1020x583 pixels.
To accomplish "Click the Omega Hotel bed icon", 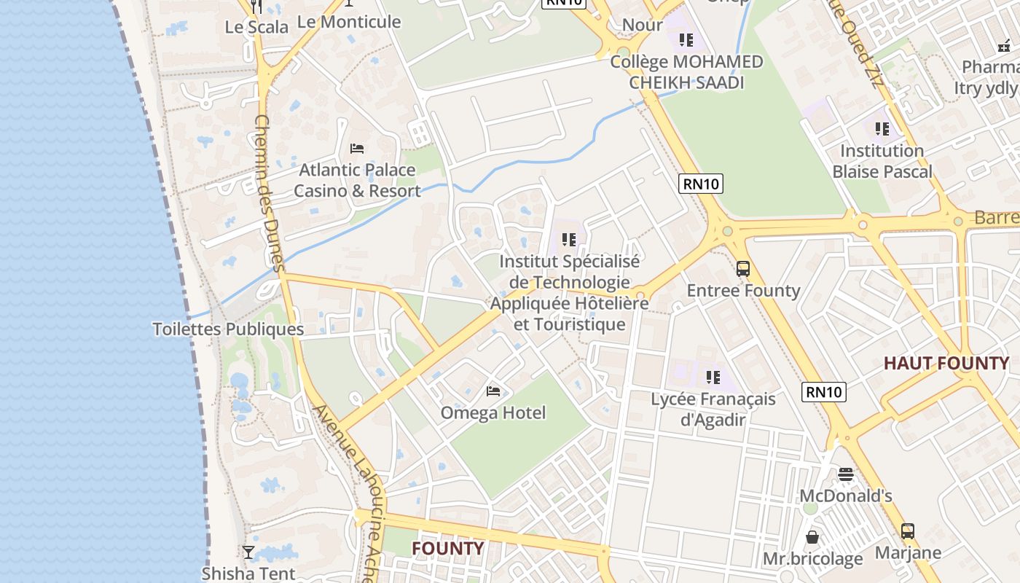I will coord(493,391).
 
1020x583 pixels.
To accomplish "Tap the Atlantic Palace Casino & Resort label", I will coord(357,181).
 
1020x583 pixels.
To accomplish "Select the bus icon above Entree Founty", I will coord(742,269).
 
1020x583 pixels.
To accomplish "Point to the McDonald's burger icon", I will coord(845,474).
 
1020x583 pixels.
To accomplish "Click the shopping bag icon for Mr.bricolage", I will coord(812,538).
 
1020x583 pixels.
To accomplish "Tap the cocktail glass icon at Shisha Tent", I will coord(248,552).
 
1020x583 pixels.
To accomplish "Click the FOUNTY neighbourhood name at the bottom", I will coord(447,548).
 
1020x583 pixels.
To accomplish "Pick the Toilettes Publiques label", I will coord(228,329).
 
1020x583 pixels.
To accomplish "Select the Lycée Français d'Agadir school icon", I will coord(713,377).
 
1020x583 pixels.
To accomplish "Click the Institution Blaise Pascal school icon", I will coord(882,129).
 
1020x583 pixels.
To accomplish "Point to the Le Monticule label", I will coord(349,22).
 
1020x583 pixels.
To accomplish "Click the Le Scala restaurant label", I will coord(256,27).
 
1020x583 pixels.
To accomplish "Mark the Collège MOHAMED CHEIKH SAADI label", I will coord(686,71).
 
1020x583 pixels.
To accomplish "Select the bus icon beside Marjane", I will coord(907,531).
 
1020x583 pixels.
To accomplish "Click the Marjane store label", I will coord(908,552).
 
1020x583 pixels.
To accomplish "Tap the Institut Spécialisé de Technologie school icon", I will coord(569,239).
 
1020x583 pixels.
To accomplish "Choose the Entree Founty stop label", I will coord(743,290).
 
